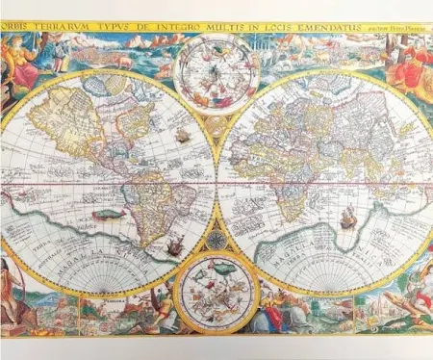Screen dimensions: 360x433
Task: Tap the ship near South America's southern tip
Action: click(x=174, y=247)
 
